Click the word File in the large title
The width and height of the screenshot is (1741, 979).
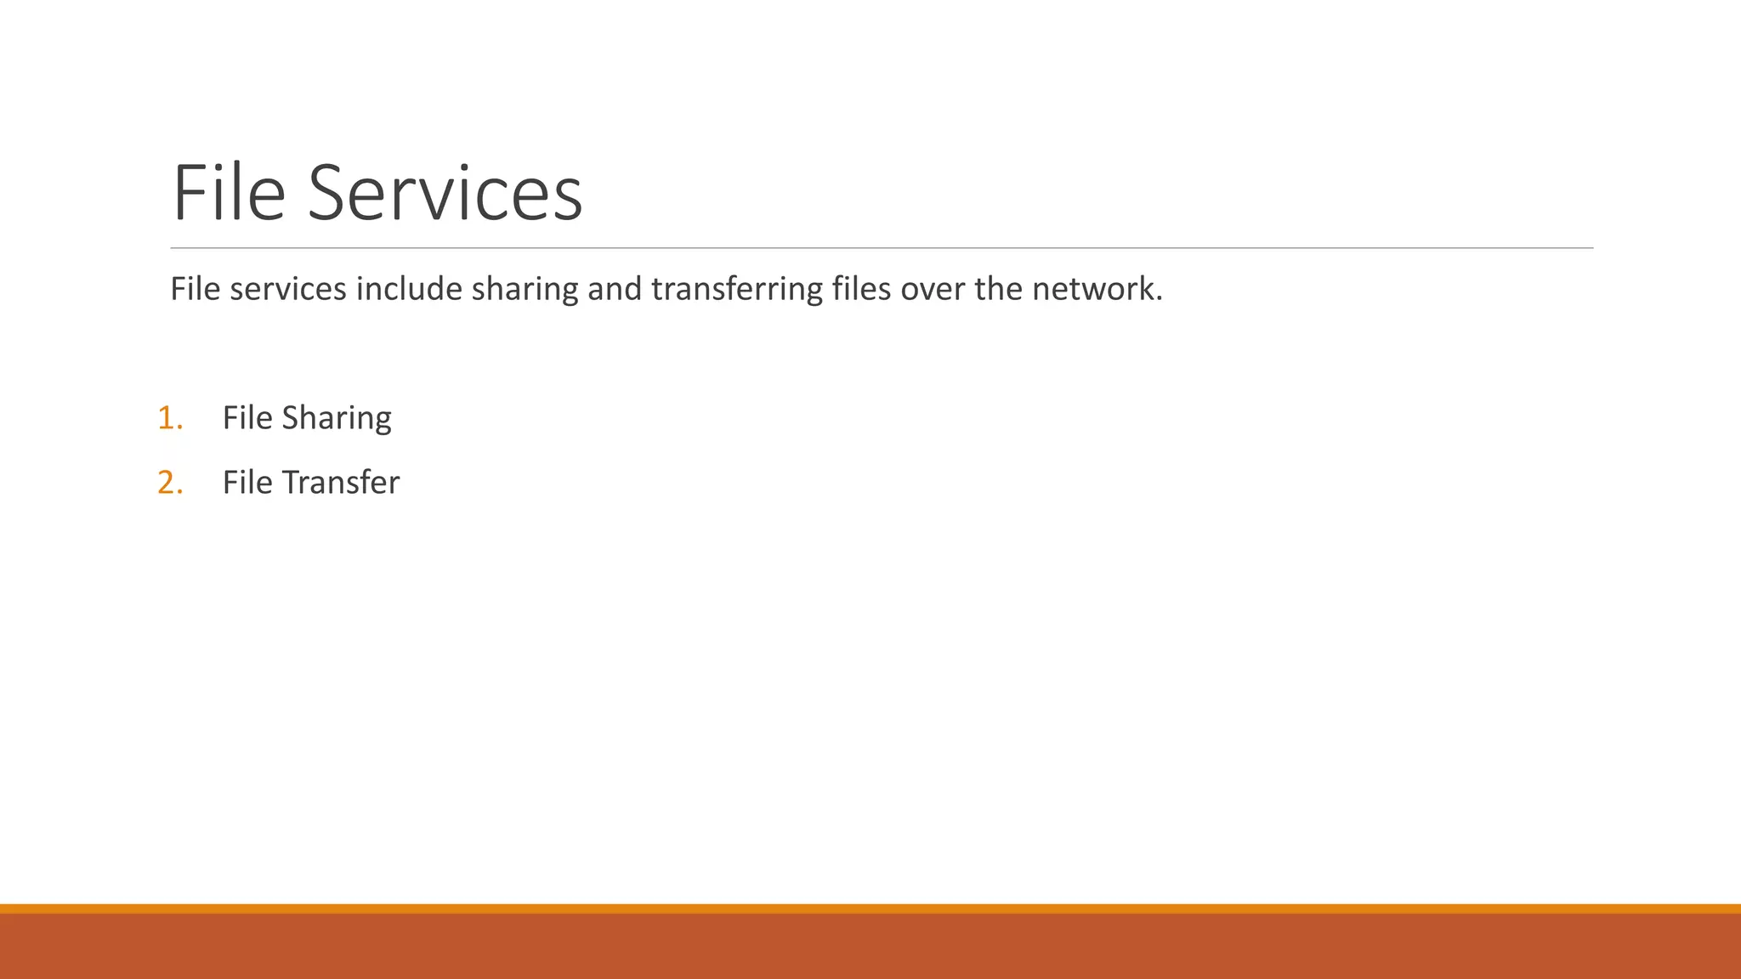[x=228, y=193]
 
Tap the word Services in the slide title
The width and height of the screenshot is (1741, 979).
[x=445, y=193]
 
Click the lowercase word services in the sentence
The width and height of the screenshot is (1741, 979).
[x=288, y=290]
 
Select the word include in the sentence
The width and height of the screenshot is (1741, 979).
[x=409, y=290]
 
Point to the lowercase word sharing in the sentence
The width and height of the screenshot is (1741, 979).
[x=525, y=290]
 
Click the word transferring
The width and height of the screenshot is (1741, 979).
[x=737, y=290]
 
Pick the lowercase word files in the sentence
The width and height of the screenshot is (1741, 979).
[x=861, y=290]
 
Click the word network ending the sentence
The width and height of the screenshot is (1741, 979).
[x=1096, y=290]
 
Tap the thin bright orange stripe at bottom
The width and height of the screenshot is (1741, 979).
[x=870, y=908]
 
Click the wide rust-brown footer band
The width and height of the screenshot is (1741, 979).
[x=870, y=947]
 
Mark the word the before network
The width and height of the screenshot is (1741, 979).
[x=998, y=290]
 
